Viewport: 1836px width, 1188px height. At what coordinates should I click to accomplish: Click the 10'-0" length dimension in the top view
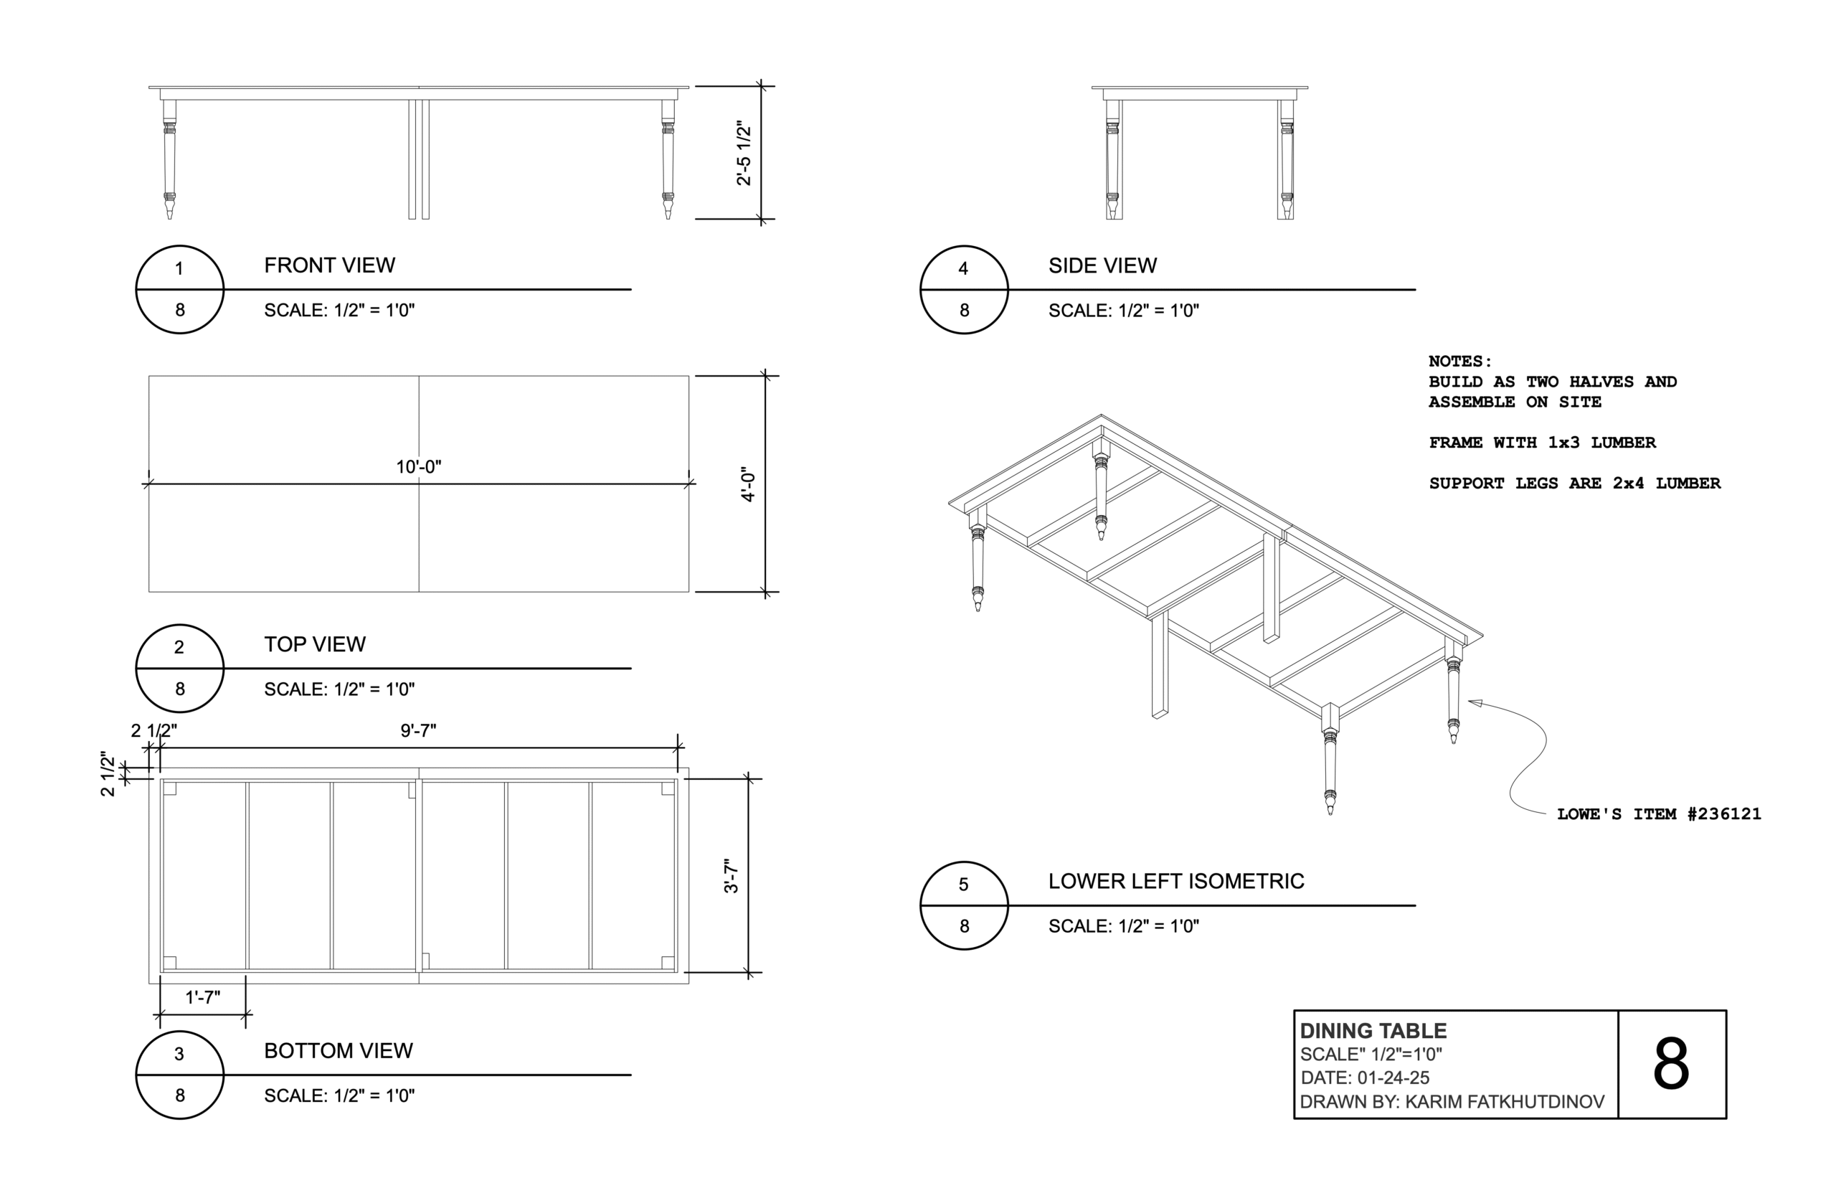[x=418, y=467]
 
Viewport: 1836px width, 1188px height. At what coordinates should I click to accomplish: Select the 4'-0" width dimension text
[x=747, y=484]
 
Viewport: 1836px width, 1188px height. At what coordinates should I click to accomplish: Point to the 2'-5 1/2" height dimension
[x=743, y=153]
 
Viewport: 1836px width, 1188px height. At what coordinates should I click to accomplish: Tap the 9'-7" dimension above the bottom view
[x=418, y=730]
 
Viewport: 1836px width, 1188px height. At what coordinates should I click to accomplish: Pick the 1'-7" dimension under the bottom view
[x=203, y=996]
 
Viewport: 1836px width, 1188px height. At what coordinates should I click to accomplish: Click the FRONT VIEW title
[x=329, y=265]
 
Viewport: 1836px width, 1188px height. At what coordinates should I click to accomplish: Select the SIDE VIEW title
[x=1102, y=265]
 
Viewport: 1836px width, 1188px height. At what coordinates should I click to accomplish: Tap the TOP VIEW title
[x=315, y=644]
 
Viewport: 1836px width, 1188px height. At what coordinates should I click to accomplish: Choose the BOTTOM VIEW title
[x=338, y=1051]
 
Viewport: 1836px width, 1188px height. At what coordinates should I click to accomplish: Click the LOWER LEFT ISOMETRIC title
[x=1176, y=881]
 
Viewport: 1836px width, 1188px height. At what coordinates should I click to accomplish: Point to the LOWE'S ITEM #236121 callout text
[x=1659, y=814]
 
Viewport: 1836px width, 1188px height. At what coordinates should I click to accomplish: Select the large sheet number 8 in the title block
[x=1670, y=1065]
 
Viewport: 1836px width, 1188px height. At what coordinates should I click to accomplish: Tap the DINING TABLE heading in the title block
[x=1373, y=1031]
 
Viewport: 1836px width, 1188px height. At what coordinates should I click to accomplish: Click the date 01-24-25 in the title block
[x=1393, y=1078]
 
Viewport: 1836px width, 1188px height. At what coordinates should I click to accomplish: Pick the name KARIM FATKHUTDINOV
[x=1505, y=1102]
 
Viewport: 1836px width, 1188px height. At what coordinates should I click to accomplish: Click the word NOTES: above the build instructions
[x=1459, y=361]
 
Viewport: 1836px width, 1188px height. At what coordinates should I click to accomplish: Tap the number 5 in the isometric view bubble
[x=963, y=884]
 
